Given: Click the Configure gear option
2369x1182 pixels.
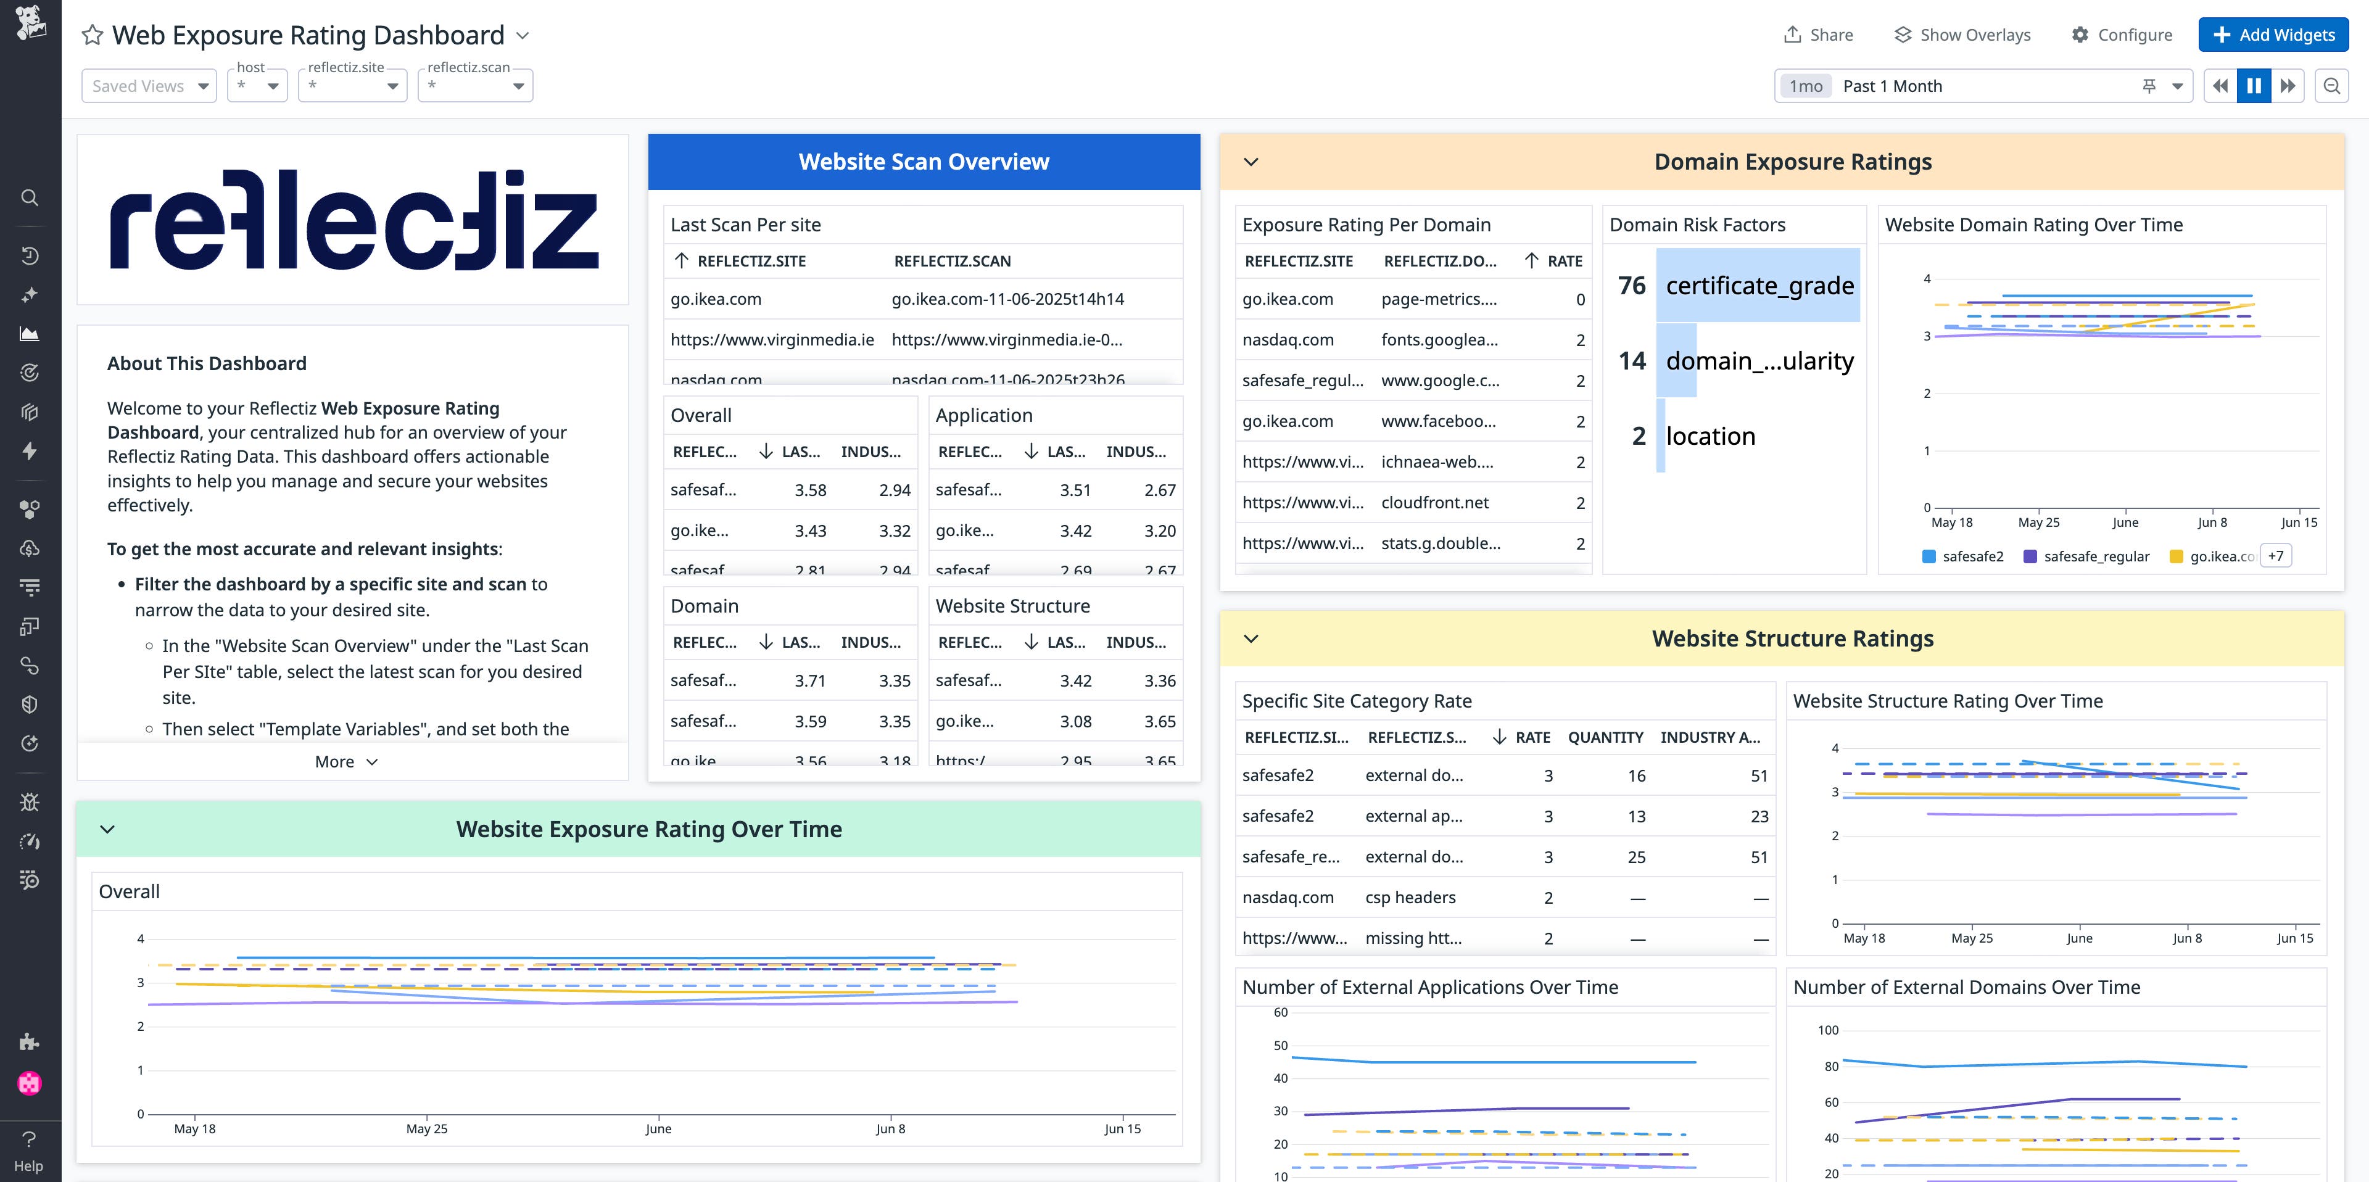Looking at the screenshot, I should pyautogui.click(x=2122, y=35).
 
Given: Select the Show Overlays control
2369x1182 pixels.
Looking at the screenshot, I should pyautogui.click(x=1962, y=35).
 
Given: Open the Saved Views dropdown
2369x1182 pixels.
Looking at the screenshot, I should pyautogui.click(x=149, y=86).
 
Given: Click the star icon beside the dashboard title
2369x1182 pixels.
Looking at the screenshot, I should pyautogui.click(x=92, y=35).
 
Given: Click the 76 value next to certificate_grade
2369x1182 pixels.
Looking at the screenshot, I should pyautogui.click(x=1631, y=285).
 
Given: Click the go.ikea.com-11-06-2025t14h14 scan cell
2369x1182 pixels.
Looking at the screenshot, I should pyautogui.click(x=1007, y=299).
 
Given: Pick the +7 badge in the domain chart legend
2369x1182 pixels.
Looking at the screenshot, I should pyautogui.click(x=2275, y=556).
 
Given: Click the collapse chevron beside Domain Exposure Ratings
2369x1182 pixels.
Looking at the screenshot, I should pyautogui.click(x=1251, y=162).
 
